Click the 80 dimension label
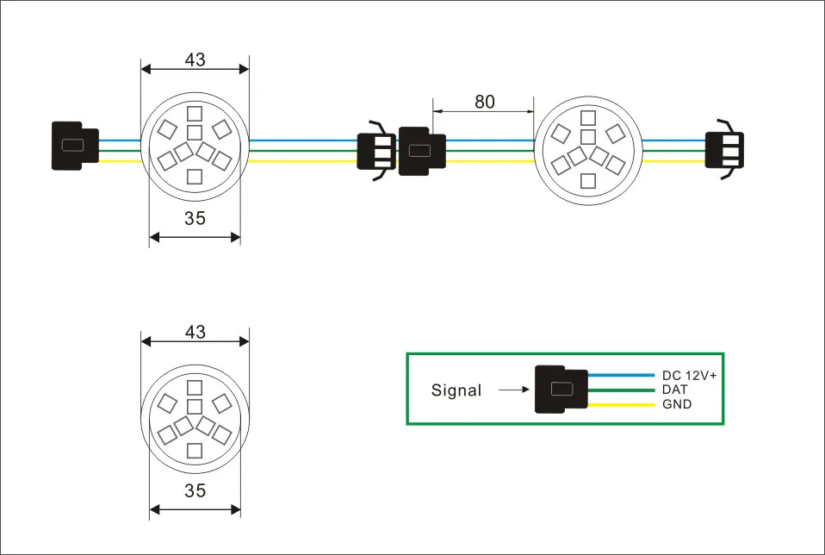click(x=485, y=102)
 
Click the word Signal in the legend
click(x=456, y=390)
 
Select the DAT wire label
click(x=675, y=390)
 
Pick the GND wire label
click(x=677, y=403)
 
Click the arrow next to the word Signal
click(x=513, y=390)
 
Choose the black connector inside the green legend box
click(x=561, y=390)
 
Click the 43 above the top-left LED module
click(x=195, y=59)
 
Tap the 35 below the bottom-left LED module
click(x=195, y=491)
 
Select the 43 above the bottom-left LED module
click(x=195, y=332)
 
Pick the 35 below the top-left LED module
click(x=195, y=218)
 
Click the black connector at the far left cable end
click(x=75, y=145)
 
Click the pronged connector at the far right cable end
click(x=723, y=149)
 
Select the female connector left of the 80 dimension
click(x=421, y=151)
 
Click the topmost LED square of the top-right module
click(x=588, y=118)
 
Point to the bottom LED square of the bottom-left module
click(x=195, y=449)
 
